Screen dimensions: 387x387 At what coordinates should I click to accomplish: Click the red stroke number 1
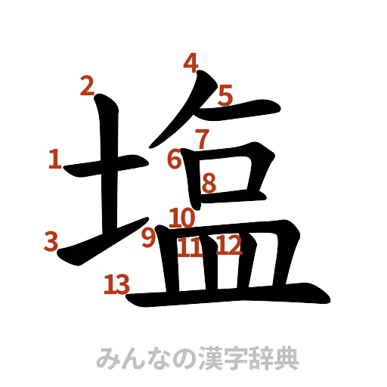(54, 159)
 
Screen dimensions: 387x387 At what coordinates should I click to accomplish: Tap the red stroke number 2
(88, 87)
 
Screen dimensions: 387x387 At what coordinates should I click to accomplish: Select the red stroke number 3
(51, 242)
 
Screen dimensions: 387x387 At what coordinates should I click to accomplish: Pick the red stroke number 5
(225, 95)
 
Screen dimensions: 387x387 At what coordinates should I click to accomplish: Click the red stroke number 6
(175, 159)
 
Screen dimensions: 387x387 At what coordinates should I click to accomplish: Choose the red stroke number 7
(201, 138)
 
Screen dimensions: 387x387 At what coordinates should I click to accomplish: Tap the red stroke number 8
(209, 182)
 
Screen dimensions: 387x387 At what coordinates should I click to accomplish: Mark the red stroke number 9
(148, 238)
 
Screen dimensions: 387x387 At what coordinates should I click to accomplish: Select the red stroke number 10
(182, 219)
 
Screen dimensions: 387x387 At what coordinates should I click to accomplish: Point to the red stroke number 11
(190, 247)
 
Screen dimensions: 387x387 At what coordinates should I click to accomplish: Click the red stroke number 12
(228, 245)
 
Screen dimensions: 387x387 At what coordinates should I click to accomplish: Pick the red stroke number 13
(117, 285)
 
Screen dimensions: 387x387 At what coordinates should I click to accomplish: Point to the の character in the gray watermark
(169, 358)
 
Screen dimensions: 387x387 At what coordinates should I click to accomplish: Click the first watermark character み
(106, 358)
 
